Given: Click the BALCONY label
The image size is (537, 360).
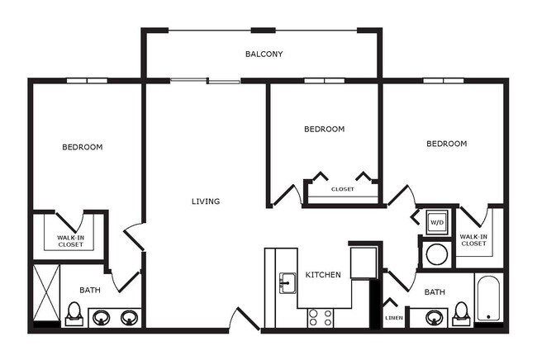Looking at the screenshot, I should pyautogui.click(x=264, y=54).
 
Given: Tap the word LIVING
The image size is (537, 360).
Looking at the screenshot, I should pyautogui.click(x=206, y=201).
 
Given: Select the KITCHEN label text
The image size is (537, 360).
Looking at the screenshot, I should pyautogui.click(x=323, y=275).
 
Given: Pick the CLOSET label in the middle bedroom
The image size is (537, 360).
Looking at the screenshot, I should pyautogui.click(x=342, y=189).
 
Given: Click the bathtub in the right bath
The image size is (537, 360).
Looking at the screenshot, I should pyautogui.click(x=488, y=300).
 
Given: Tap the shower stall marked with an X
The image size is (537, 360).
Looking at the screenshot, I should pyautogui.click(x=45, y=295).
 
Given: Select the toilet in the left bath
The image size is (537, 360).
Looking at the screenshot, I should pyautogui.click(x=74, y=314).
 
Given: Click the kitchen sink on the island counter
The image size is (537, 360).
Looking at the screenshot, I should pyautogui.click(x=288, y=282).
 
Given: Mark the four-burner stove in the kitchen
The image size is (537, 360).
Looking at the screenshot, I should pyautogui.click(x=321, y=317).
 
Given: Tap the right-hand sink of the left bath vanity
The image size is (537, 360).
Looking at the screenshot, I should pyautogui.click(x=129, y=317).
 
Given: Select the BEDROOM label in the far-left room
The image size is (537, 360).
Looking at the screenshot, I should pyautogui.click(x=83, y=148).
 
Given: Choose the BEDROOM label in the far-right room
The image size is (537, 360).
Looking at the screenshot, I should pyautogui.click(x=446, y=144).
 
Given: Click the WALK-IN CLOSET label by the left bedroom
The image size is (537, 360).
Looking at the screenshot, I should pyautogui.click(x=69, y=240).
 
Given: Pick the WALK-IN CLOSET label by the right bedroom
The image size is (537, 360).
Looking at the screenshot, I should pyautogui.click(x=473, y=239).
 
